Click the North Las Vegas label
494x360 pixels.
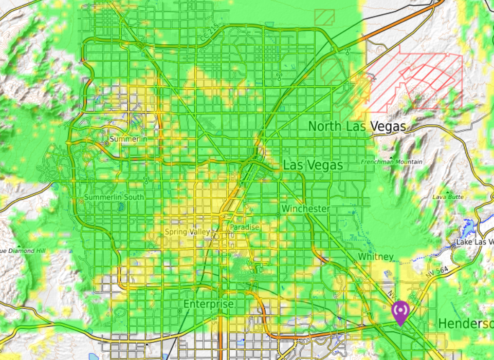(x=357, y=126)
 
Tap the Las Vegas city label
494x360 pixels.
(x=313, y=165)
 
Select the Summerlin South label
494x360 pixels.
(x=114, y=197)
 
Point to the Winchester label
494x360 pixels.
(x=305, y=209)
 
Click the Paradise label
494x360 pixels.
(x=244, y=227)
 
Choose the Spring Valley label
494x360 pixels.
(x=187, y=232)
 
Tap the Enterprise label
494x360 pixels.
(x=209, y=304)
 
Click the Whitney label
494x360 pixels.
(x=375, y=256)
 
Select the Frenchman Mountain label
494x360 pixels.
(x=392, y=162)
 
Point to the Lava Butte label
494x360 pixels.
(x=448, y=197)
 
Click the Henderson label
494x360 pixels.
(x=465, y=324)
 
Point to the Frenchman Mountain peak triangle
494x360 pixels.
(x=391, y=156)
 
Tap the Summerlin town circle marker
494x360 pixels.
(x=106, y=144)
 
